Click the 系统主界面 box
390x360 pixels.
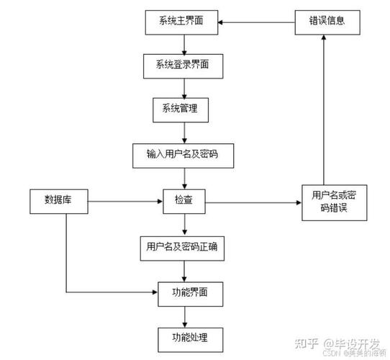click(x=186, y=22)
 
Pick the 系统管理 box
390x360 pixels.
click(x=186, y=109)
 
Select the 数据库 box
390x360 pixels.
click(x=59, y=199)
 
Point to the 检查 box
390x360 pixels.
click(x=184, y=199)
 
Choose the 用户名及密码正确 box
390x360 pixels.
click(x=186, y=248)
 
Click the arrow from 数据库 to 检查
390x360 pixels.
click(x=122, y=201)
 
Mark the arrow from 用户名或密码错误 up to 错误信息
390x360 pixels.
click(x=325, y=108)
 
